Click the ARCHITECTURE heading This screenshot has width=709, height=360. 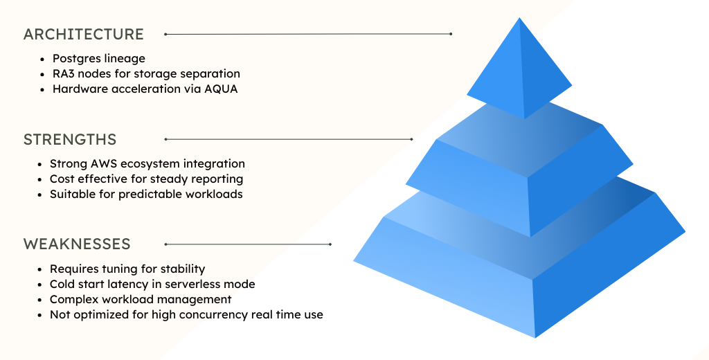tap(84, 34)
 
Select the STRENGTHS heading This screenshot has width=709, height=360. tap(70, 139)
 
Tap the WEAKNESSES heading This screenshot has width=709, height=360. tap(77, 244)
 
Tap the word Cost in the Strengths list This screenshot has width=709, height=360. tap(63, 179)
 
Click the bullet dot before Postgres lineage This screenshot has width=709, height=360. tap(43, 59)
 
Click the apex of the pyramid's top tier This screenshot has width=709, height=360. tap(519, 19)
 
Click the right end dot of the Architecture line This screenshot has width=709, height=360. tap(451, 33)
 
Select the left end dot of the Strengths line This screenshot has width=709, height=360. tap(165, 139)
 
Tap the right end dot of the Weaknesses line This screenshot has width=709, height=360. tap(330, 244)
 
